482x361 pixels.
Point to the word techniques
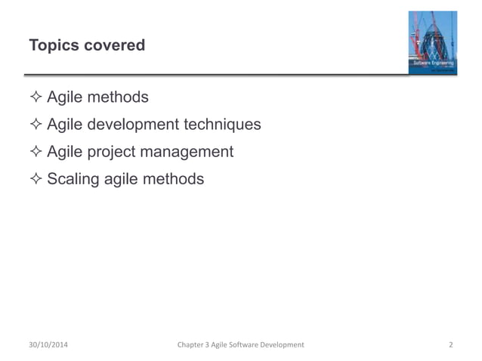(x=224, y=125)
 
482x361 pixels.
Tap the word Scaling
(x=73, y=179)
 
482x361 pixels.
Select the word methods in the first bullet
(x=119, y=97)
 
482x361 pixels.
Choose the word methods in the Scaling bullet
(x=175, y=179)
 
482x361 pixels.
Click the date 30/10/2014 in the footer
(x=52, y=345)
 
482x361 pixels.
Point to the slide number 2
(x=450, y=345)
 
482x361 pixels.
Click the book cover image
(x=432, y=42)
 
